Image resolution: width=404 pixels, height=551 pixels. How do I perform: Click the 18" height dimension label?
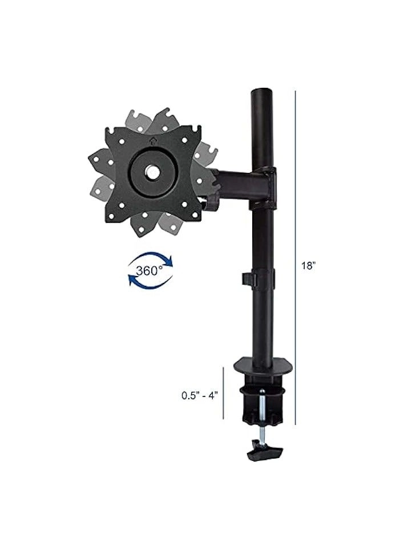pyautogui.click(x=309, y=266)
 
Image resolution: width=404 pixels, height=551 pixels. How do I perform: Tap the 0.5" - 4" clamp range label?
pyautogui.click(x=200, y=395)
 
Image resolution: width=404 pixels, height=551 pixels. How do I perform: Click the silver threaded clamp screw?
pyautogui.click(x=261, y=416)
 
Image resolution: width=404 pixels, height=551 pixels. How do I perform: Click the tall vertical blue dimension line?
pyautogui.click(x=296, y=257)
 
